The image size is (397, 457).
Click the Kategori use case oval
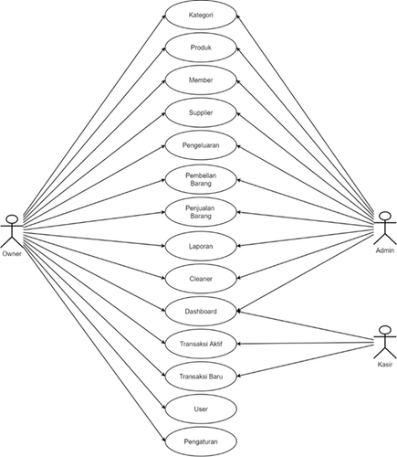tap(201, 15)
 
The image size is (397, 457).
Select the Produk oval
tap(201, 48)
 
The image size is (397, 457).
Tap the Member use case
tap(201, 80)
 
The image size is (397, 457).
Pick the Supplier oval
tap(201, 112)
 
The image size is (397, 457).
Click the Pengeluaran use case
tap(201, 145)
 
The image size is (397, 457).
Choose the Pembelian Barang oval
tap(201, 179)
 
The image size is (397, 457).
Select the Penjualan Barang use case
tap(201, 212)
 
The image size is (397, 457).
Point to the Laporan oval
tap(201, 246)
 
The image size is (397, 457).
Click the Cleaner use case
tap(201, 279)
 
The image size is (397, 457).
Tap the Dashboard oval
tap(201, 312)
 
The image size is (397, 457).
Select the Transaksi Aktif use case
tap(201, 344)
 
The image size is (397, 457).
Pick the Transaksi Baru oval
tap(201, 377)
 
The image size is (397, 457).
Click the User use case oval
tap(201, 409)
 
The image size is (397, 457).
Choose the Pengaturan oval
tap(201, 441)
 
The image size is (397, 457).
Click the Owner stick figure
tap(12, 231)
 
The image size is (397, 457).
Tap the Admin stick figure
tap(385, 228)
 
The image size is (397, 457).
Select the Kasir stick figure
tap(385, 342)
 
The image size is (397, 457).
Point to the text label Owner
tap(12, 254)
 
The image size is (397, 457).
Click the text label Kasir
tap(385, 365)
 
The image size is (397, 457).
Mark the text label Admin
tap(385, 250)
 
